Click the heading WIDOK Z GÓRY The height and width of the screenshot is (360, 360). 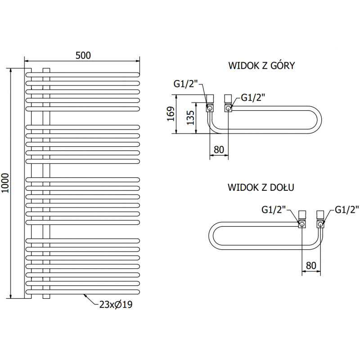pos(261,66)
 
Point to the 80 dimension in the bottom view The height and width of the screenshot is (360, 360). pos(310,265)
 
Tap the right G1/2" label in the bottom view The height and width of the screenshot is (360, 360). pos(347,209)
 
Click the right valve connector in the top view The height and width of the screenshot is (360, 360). pos(228,103)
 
